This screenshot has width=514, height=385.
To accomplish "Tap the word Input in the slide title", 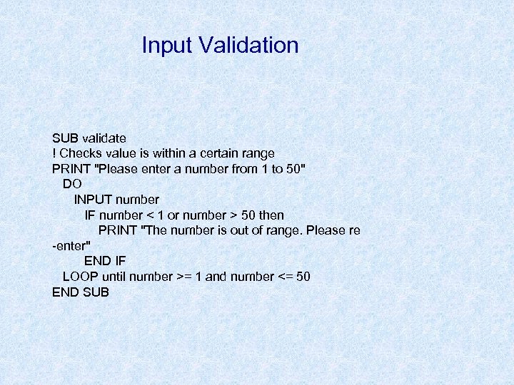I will pos(167,45).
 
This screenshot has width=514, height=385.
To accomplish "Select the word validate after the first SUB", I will pos(104,138).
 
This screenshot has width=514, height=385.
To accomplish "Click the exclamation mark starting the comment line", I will pos(54,153).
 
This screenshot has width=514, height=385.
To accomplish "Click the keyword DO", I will pos(72,184).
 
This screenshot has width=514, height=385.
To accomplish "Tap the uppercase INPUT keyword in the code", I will pos(96,200).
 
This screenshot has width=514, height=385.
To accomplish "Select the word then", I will pos(271,215).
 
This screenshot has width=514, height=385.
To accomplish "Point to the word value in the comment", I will pos(124,153).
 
